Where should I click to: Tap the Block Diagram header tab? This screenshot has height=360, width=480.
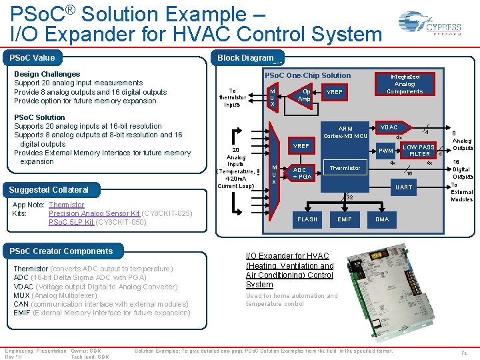click(246, 58)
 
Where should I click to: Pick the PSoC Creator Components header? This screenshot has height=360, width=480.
click(61, 251)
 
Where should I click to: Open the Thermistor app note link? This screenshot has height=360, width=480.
click(67, 205)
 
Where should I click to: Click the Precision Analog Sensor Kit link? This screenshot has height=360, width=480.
click(94, 213)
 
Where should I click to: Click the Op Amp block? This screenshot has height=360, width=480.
click(304, 95)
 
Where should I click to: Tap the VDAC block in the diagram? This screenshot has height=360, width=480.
click(389, 127)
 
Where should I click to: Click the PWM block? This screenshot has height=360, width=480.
click(385, 151)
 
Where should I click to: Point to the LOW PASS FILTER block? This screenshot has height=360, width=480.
click(419, 151)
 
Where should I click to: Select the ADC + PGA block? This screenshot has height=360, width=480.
click(302, 173)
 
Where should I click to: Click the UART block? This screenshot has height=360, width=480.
click(403, 187)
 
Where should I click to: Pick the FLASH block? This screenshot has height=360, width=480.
click(307, 219)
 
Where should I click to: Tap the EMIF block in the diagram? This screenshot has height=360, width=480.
click(345, 219)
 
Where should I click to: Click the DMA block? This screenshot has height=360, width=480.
click(382, 219)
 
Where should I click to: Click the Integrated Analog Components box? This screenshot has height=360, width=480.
click(405, 84)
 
